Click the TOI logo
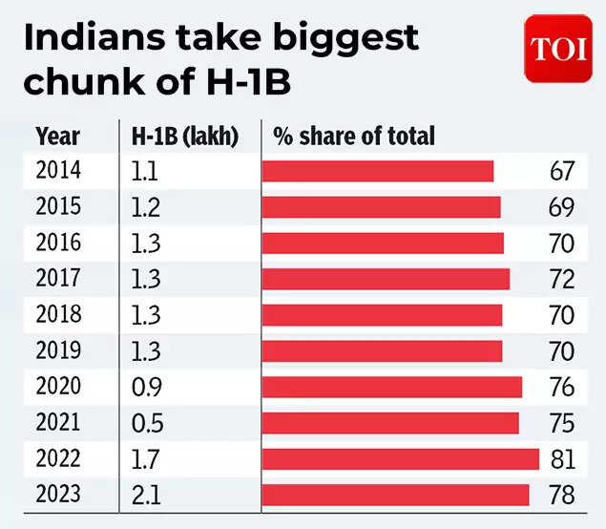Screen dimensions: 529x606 [x=558, y=49]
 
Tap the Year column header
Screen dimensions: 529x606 [x=57, y=136]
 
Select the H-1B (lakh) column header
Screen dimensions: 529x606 [x=183, y=136]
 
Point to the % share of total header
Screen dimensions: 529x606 [x=353, y=136]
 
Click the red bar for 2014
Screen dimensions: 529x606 [x=377, y=171]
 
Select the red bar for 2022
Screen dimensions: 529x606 [x=400, y=459]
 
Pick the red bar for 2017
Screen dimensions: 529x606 [x=386, y=279]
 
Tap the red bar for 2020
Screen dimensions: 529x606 [x=391, y=387]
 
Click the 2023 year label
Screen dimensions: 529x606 [x=58, y=495]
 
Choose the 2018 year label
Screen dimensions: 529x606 [x=58, y=315]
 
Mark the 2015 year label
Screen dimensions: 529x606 [x=58, y=207]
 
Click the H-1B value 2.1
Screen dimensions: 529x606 [x=145, y=495]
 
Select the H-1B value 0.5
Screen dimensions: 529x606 [x=146, y=423]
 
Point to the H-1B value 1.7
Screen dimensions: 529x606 [x=145, y=459]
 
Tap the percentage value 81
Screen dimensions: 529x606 [x=562, y=459]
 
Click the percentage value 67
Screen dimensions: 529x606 [x=562, y=171]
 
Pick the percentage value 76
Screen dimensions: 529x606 [x=562, y=387]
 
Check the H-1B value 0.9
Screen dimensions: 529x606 [x=146, y=387]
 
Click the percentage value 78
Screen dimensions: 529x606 [x=562, y=495]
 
